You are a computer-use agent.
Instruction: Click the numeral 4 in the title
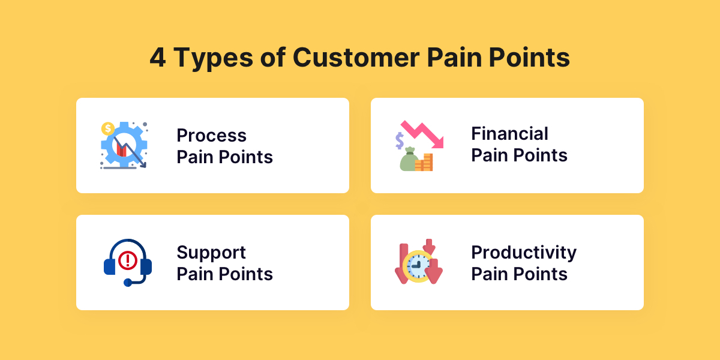click(x=158, y=59)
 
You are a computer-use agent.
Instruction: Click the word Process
click(x=211, y=136)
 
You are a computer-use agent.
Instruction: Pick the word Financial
click(x=509, y=133)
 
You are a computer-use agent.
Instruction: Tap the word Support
click(x=211, y=252)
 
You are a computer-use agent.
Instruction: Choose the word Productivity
click(x=523, y=253)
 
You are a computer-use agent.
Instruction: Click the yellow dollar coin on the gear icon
click(x=108, y=128)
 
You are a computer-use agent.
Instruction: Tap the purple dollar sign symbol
click(x=399, y=140)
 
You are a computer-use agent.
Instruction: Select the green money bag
click(x=409, y=160)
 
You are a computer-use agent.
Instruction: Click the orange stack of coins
click(x=426, y=163)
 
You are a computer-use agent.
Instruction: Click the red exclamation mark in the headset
click(x=127, y=260)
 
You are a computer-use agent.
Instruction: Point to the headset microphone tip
click(x=127, y=282)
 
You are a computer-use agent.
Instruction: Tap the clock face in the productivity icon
click(x=418, y=265)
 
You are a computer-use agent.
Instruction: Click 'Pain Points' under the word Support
click(x=224, y=274)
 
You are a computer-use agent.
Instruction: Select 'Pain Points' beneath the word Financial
click(x=519, y=155)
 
